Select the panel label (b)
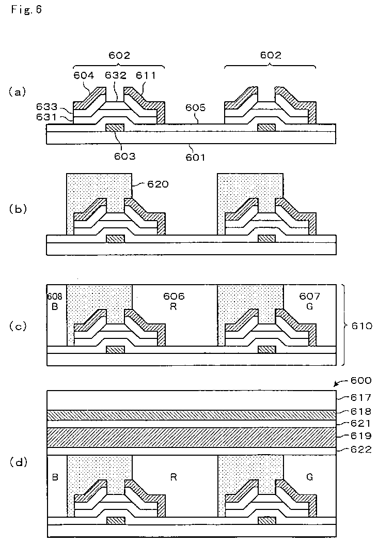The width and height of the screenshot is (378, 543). (17, 209)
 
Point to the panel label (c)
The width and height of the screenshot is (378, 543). (17, 326)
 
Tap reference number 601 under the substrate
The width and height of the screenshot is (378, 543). (195, 157)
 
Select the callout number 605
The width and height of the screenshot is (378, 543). (195, 109)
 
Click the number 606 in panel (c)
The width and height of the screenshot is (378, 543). (174, 297)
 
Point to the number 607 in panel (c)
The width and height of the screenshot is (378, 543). (310, 297)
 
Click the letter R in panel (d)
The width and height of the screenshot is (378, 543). (174, 477)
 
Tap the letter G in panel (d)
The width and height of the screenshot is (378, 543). (309, 477)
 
